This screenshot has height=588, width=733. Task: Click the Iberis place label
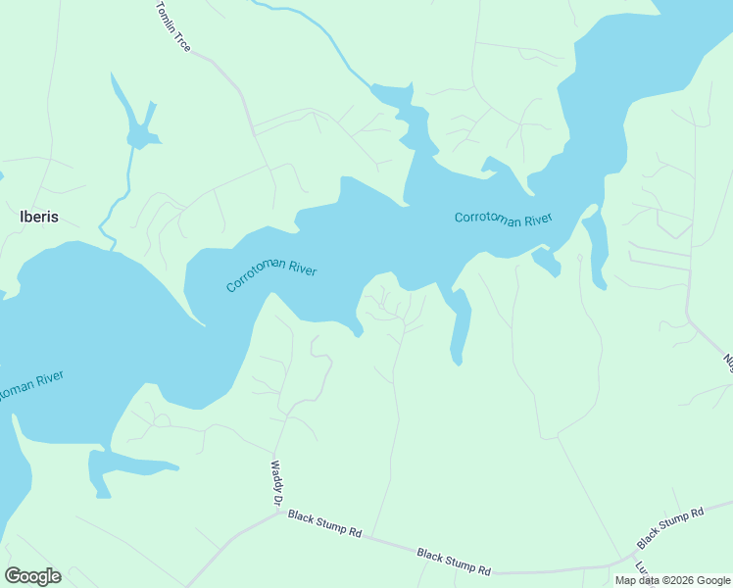pyautogui.click(x=38, y=218)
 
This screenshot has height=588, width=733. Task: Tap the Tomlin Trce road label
pyautogui.click(x=173, y=26)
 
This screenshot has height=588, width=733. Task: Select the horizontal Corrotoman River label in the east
pyautogui.click(x=504, y=218)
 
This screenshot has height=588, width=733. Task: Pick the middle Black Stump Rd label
pyautogui.click(x=454, y=562)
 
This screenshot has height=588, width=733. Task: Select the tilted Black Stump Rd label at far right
pyautogui.click(x=671, y=528)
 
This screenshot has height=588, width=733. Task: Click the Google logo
pyautogui.click(x=33, y=576)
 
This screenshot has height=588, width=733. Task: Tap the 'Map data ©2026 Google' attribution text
pyautogui.click(x=672, y=580)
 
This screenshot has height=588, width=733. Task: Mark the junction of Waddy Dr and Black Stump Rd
pyautogui.click(x=275, y=511)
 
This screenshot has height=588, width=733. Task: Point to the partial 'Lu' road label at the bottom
pyautogui.click(x=642, y=567)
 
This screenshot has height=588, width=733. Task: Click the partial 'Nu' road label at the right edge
pyautogui.click(x=727, y=362)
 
